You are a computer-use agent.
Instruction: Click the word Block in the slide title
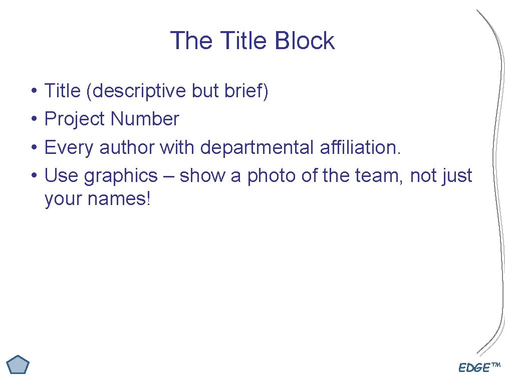point(305,41)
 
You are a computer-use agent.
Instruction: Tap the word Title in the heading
point(243,41)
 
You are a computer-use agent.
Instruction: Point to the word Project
point(75,119)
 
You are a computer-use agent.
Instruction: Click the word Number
point(145,119)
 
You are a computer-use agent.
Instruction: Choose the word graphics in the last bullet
point(120,176)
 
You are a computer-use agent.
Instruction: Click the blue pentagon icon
point(19,364)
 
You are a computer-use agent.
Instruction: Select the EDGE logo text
point(479,368)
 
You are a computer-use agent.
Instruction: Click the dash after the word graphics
point(168,176)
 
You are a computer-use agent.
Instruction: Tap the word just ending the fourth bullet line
point(456,176)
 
